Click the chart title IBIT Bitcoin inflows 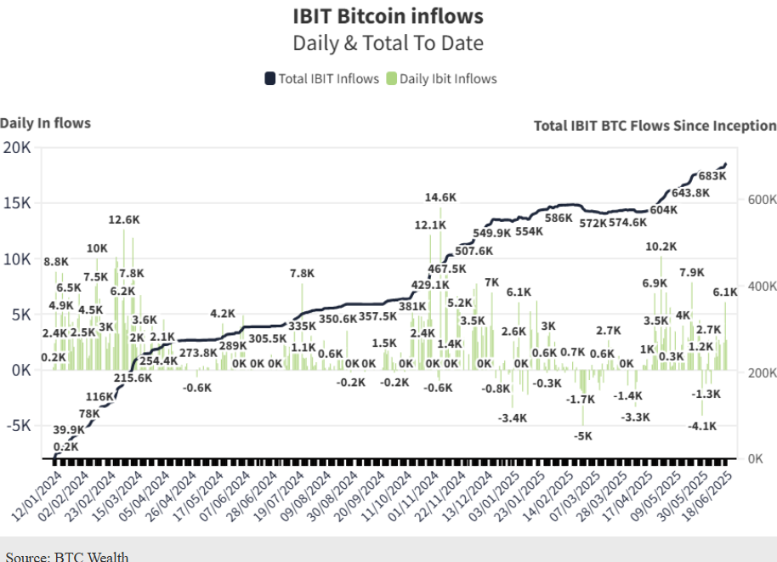(x=388, y=16)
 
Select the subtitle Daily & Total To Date (x=388, y=43)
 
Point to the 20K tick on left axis (x=17, y=148)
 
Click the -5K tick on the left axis (x=17, y=425)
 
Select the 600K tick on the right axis (x=763, y=200)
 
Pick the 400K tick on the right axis (x=763, y=287)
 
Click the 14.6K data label (x=440, y=197)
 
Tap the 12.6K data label (x=124, y=219)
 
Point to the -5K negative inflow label (x=582, y=436)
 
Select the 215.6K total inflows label (x=133, y=378)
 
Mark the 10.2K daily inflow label (x=661, y=247)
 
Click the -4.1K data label (x=701, y=426)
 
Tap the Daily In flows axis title (x=45, y=123)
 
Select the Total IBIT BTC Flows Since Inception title (x=655, y=126)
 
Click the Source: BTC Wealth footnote (x=67, y=556)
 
